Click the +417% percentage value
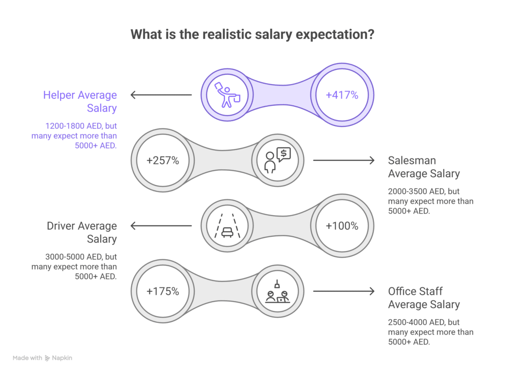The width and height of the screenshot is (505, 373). (342, 95)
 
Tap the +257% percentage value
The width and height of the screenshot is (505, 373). (163, 160)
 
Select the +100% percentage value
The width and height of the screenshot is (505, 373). (342, 226)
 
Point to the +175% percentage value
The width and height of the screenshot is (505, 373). (163, 291)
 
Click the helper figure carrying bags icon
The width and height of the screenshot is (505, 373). (226, 95)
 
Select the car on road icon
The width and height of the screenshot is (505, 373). (226, 226)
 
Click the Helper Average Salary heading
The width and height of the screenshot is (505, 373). (80, 101)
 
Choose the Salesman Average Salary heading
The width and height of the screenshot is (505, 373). (424, 167)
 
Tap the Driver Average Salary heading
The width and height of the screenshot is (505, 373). (82, 232)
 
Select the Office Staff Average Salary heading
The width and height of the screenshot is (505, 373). (424, 298)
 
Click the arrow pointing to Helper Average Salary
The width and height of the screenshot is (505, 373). (161, 95)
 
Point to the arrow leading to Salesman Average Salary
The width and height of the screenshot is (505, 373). (344, 160)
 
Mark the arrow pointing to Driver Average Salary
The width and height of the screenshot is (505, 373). (161, 226)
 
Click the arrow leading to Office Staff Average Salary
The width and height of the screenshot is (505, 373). (344, 291)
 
